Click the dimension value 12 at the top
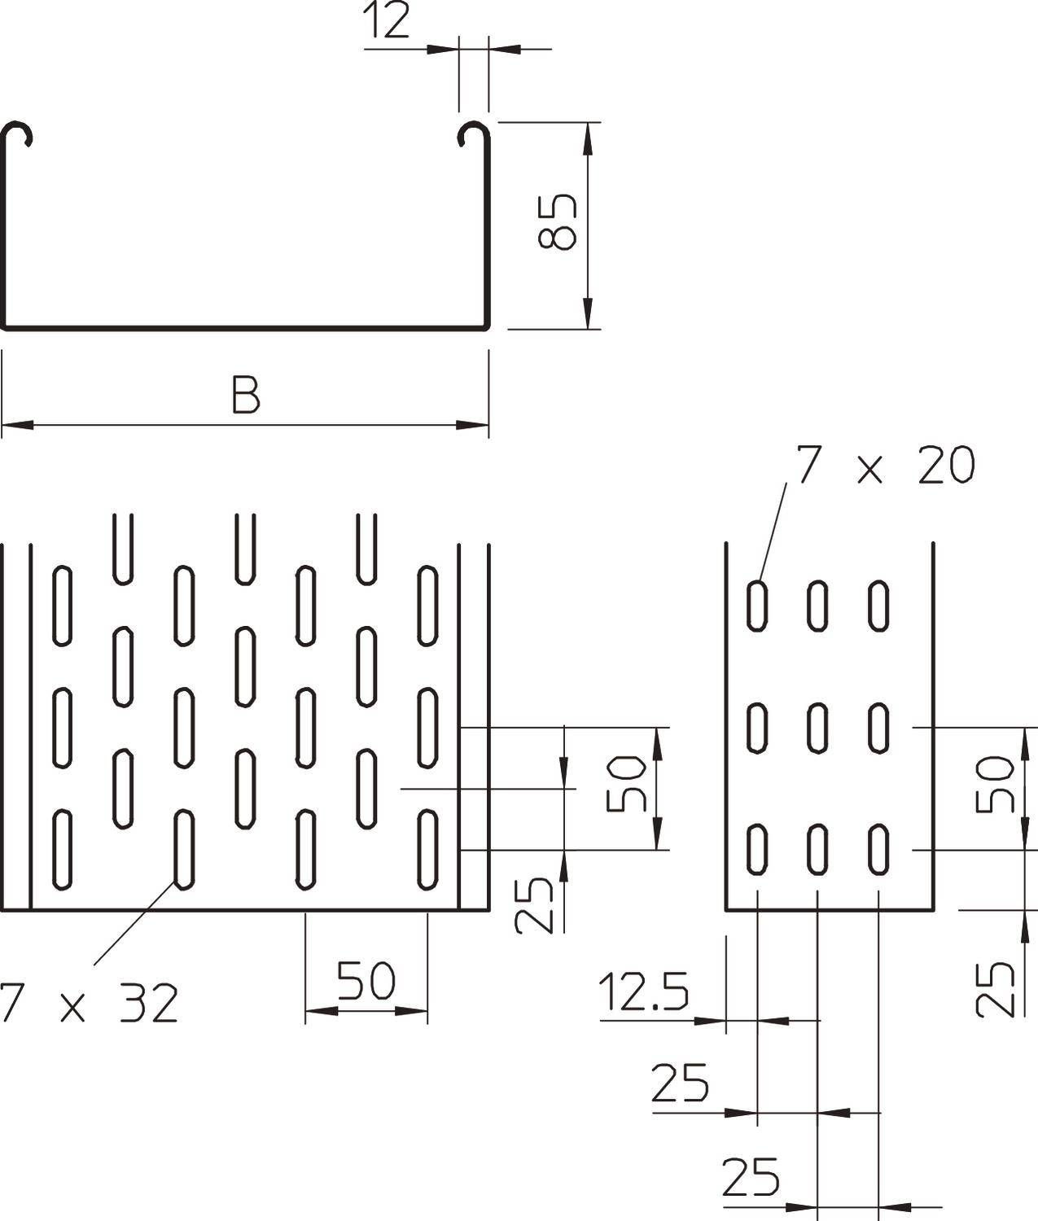click(x=388, y=22)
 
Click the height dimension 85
click(x=558, y=221)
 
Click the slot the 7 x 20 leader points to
click(x=758, y=605)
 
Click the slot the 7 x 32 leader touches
click(x=185, y=849)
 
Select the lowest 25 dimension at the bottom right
click(x=751, y=1178)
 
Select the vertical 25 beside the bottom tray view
click(x=536, y=905)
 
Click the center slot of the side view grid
click(x=818, y=727)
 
